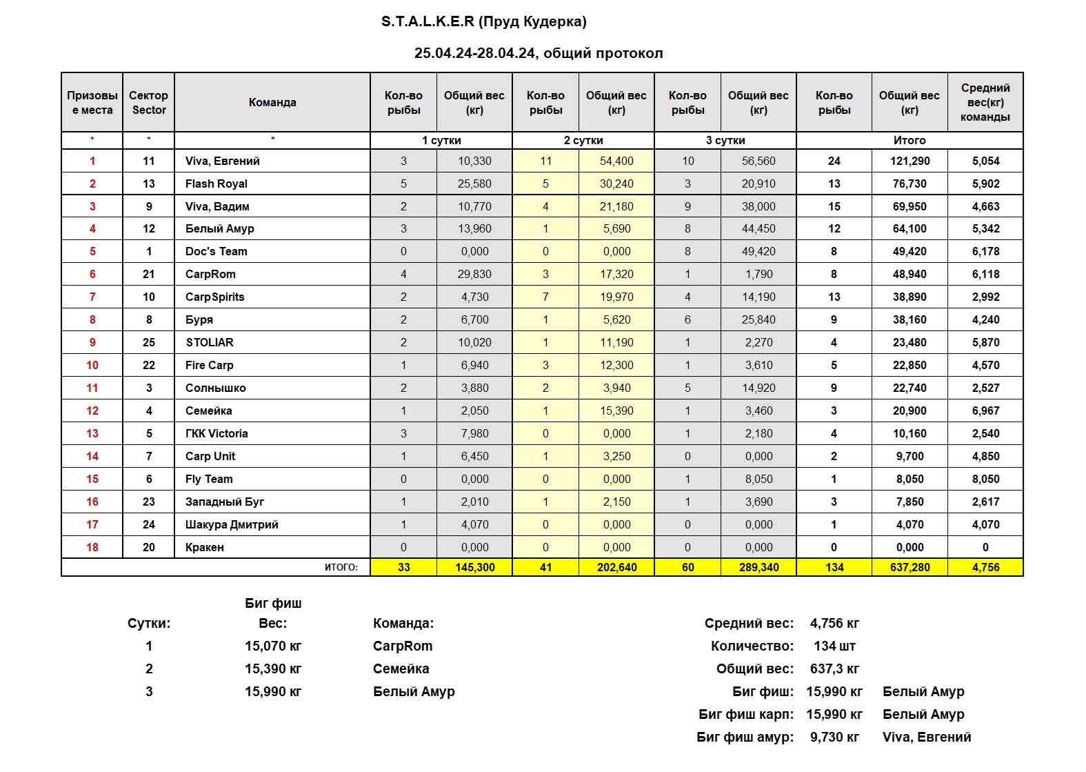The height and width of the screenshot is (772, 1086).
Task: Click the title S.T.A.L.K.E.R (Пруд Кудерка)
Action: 483,21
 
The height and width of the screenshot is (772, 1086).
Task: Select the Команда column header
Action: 272,102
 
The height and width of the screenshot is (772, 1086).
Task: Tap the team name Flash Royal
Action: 216,184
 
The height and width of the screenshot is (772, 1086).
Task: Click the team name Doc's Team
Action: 216,251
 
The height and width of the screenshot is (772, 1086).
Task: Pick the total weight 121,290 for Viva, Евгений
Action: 910,161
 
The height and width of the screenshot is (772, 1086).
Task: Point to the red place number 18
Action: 92,547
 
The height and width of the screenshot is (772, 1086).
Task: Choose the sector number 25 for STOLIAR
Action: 148,342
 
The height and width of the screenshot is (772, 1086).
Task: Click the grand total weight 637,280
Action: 910,567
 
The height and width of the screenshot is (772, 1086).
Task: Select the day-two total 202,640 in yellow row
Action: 616,567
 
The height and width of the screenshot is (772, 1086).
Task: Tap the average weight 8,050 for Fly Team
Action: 985,479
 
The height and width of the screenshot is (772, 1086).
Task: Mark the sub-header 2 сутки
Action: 583,140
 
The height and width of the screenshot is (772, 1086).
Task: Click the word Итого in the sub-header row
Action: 909,140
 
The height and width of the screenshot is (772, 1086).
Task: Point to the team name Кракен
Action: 204,547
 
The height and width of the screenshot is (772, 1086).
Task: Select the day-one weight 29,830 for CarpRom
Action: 474,274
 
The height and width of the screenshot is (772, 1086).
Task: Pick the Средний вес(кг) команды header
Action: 985,102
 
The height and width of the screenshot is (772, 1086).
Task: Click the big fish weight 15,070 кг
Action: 273,646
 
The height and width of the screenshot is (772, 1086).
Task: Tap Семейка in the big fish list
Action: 401,669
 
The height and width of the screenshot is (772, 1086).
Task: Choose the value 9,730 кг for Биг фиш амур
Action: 834,737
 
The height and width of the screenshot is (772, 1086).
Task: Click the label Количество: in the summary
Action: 752,646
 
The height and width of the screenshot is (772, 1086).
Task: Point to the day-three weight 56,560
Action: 758,161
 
